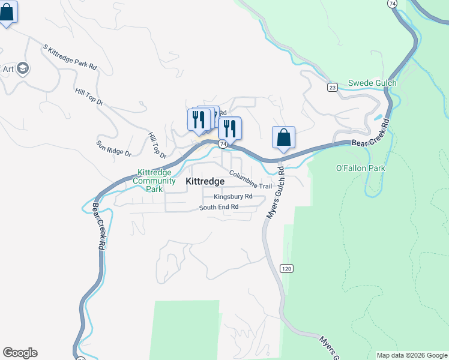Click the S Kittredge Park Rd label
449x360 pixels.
(x=70, y=57)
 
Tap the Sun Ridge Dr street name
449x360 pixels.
(x=113, y=148)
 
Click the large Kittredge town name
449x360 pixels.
(x=205, y=181)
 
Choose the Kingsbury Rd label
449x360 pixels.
(x=232, y=197)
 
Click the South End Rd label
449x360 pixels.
(x=219, y=208)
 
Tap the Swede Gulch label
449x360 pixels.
(x=372, y=83)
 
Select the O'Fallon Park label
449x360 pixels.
(x=360, y=169)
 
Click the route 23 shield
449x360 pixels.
(x=332, y=87)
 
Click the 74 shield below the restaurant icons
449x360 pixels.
(x=222, y=144)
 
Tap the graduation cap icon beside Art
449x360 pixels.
(x=24, y=68)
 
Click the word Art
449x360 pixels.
(x=8, y=68)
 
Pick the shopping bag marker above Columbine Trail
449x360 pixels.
(x=283, y=137)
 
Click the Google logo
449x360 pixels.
(x=20, y=353)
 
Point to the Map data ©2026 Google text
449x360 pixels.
(x=412, y=355)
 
